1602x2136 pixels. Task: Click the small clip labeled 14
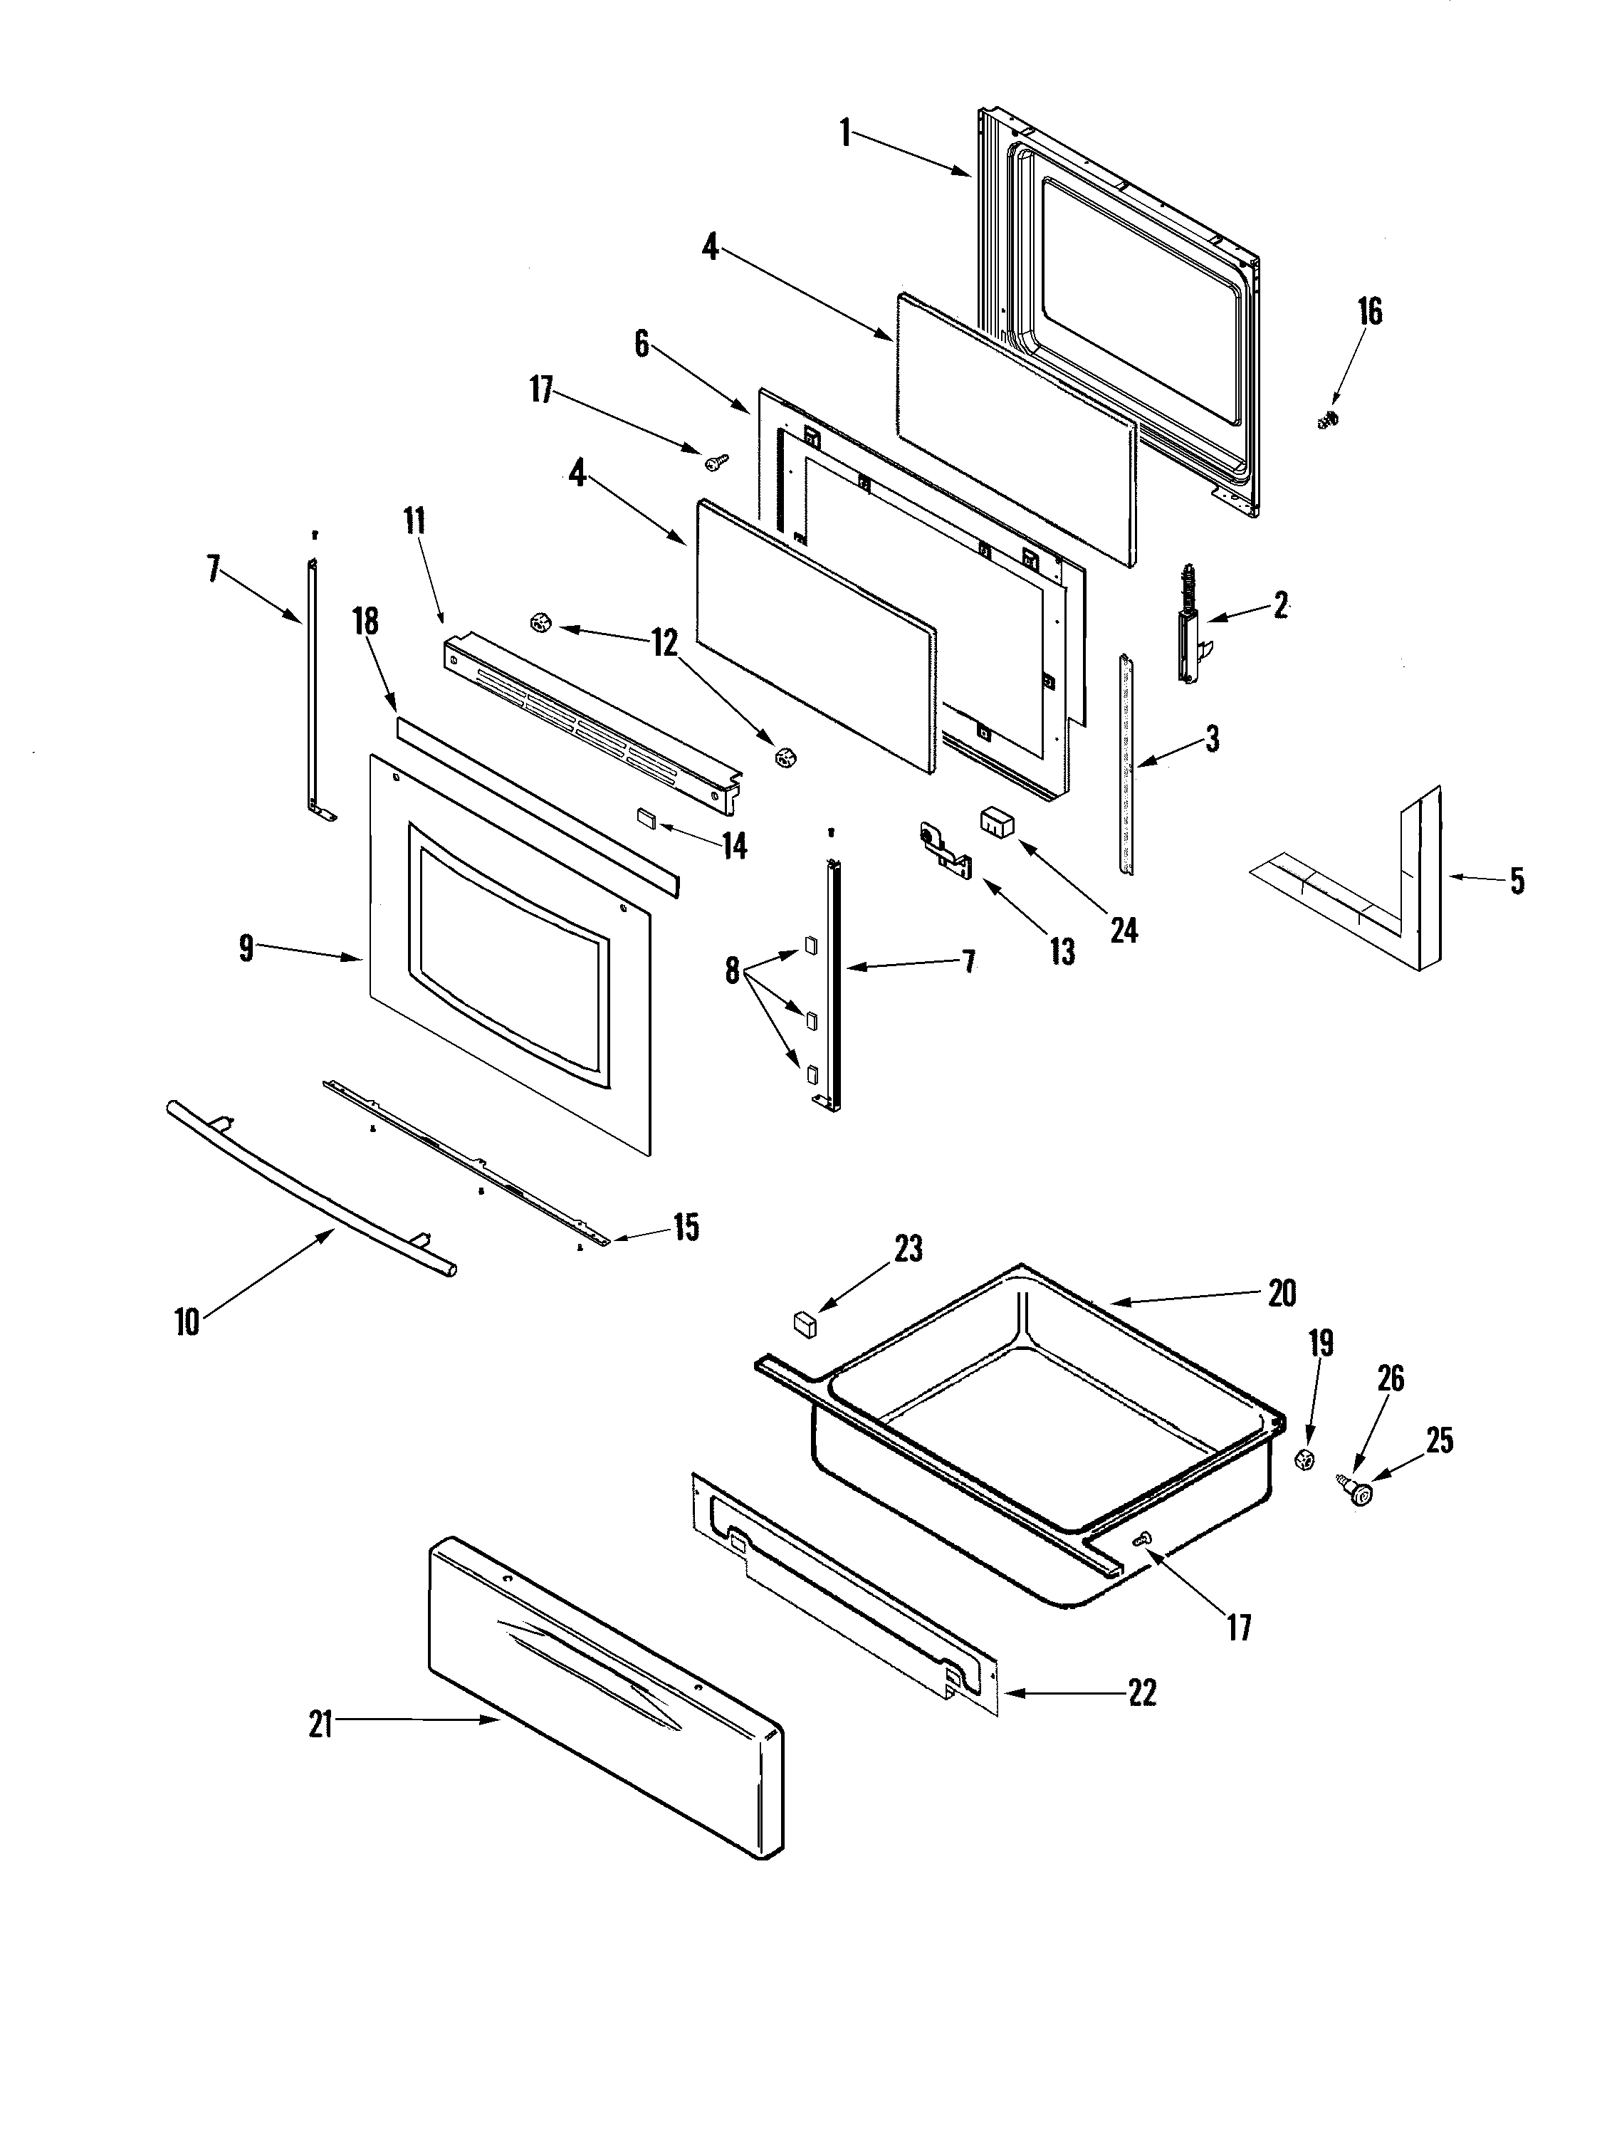point(645,818)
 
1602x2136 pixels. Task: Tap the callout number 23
point(908,1249)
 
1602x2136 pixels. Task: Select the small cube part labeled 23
point(803,1322)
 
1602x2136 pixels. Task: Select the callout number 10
point(187,1321)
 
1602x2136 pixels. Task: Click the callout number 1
point(845,132)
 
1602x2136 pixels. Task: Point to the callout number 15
point(686,1228)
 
